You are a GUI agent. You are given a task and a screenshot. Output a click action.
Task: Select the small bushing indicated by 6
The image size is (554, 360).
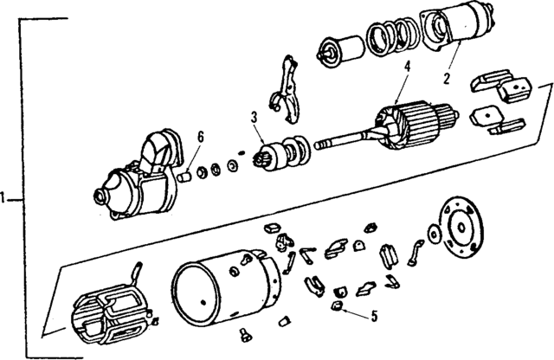click(184, 176)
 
